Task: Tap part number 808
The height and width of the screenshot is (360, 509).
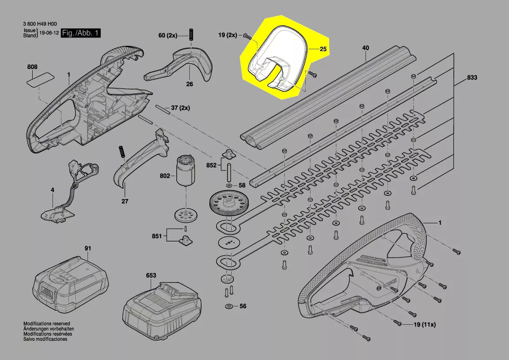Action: [32, 67]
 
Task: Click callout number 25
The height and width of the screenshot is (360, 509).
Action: [323, 49]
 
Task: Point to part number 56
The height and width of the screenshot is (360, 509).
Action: [243, 306]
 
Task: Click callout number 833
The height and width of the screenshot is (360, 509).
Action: [472, 78]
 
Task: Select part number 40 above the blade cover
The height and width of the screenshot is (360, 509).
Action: [365, 48]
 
